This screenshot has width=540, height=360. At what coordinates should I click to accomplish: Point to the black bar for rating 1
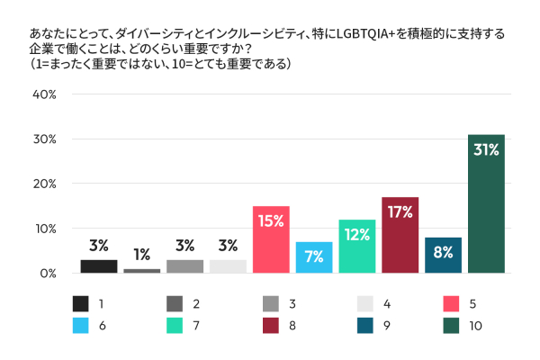click(x=99, y=266)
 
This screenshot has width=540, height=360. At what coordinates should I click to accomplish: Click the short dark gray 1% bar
click(x=141, y=270)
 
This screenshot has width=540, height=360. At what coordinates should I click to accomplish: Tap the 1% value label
click(x=141, y=255)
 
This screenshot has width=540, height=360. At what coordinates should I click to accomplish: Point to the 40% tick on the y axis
click(x=45, y=94)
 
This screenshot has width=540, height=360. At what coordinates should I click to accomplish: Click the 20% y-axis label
click(x=45, y=184)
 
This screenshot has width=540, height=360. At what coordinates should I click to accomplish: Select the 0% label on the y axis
click(x=48, y=273)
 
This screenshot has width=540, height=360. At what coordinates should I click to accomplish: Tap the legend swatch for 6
click(x=79, y=327)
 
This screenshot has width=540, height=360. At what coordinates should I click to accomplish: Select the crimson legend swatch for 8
click(x=266, y=327)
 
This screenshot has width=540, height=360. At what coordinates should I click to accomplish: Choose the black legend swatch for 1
click(x=79, y=303)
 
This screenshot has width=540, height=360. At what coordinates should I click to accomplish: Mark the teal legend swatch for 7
click(x=173, y=327)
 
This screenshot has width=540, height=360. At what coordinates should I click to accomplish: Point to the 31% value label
click(x=486, y=150)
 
